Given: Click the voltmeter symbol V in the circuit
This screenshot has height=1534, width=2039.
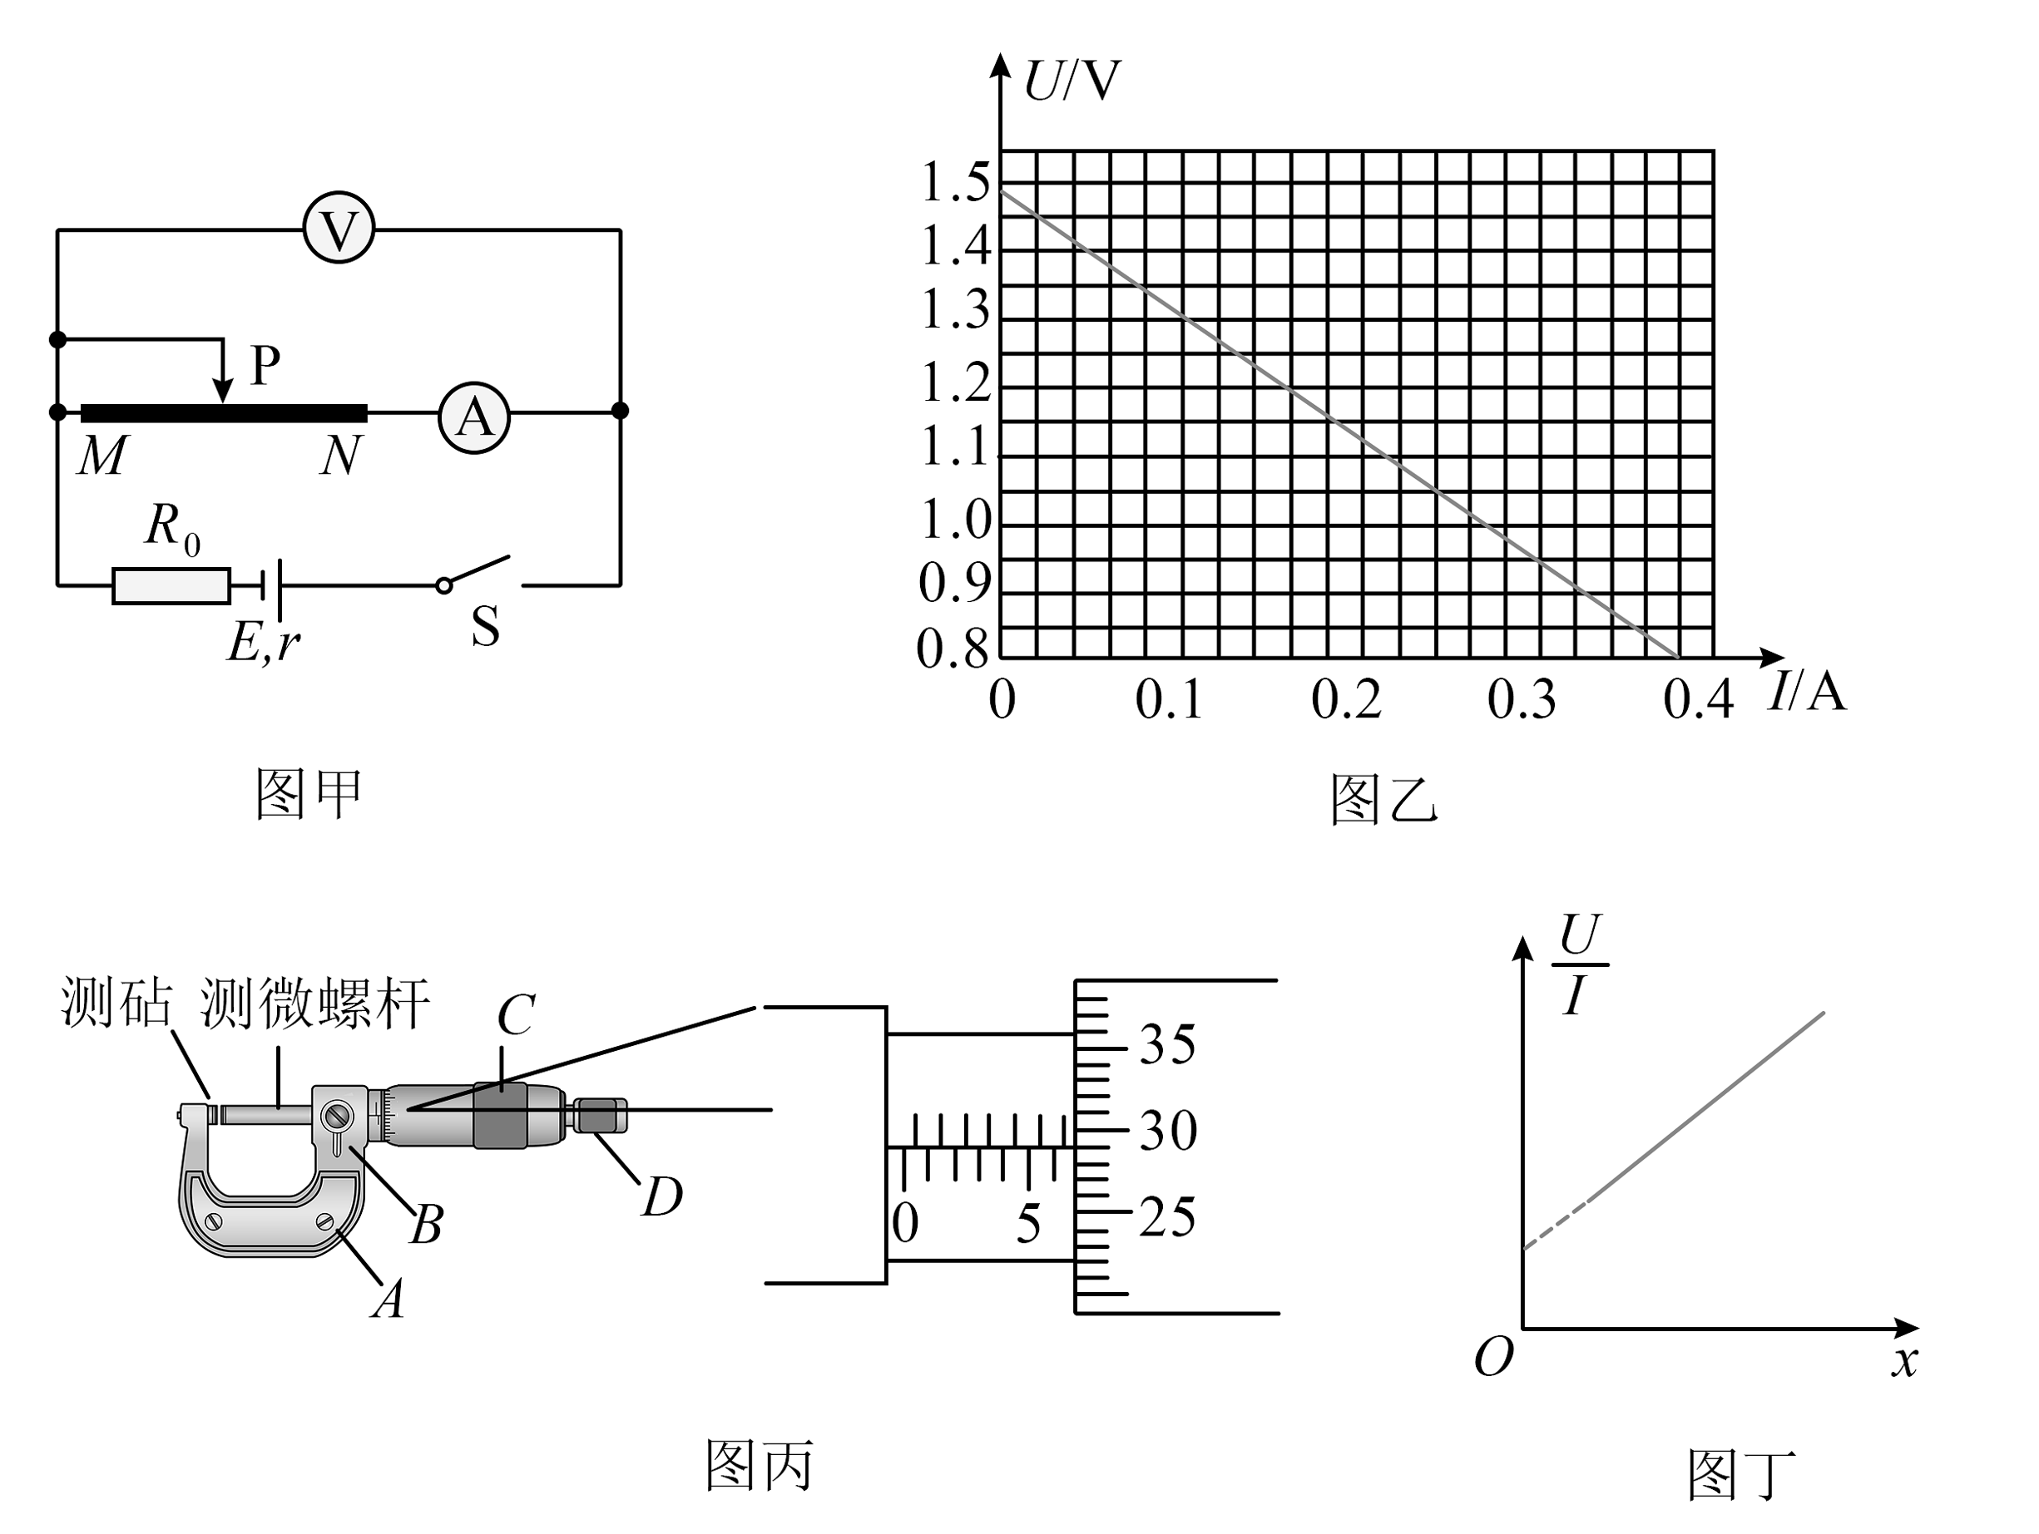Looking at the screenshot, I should click(x=339, y=228).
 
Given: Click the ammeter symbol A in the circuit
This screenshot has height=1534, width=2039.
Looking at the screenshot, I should click(x=474, y=417).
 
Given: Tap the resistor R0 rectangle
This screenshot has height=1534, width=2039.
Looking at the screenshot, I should click(x=171, y=586).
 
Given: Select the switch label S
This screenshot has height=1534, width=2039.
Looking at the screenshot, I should click(x=485, y=627).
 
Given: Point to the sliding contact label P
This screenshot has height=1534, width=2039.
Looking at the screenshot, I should click(x=265, y=366).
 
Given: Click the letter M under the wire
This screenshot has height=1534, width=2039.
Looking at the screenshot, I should click(x=101, y=455).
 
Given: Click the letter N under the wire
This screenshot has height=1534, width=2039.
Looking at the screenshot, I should click(x=341, y=455).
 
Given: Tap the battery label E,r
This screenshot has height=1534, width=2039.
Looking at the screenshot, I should click(x=264, y=642).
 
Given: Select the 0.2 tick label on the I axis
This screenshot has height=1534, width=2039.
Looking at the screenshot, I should click(x=1346, y=700).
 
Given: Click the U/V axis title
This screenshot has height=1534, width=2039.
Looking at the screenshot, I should click(x=1072, y=81).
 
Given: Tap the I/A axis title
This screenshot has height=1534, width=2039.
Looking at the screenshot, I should click(x=1808, y=691).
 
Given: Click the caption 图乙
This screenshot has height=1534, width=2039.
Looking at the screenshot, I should click(x=1383, y=799).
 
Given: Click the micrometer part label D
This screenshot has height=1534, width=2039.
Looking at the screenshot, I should click(x=662, y=1196).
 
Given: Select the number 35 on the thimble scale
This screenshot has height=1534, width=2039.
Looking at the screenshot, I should click(x=1167, y=1045).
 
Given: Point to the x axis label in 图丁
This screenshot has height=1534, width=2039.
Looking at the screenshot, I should click(x=1904, y=1361).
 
